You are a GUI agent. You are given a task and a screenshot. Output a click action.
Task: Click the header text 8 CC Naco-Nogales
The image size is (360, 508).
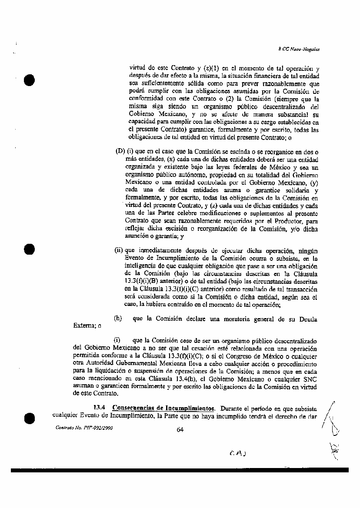[299, 50]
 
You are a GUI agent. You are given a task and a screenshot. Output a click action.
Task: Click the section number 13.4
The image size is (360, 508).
[100, 408]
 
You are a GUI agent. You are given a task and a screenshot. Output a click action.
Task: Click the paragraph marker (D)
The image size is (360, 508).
[120, 151]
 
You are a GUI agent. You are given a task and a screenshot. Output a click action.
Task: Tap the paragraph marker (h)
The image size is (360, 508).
[117, 319]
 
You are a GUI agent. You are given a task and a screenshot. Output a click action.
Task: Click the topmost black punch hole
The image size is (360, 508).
[30, 80]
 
